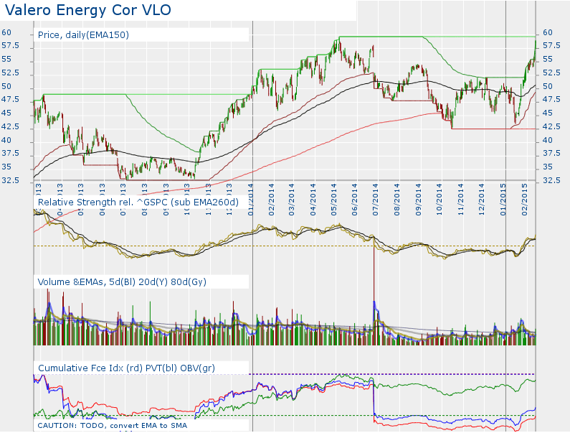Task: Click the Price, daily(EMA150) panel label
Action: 83,34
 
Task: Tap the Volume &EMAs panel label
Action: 122,282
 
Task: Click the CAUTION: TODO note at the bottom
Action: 112,426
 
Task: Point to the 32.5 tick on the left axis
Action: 10,180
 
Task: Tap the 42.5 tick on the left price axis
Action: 10,126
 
